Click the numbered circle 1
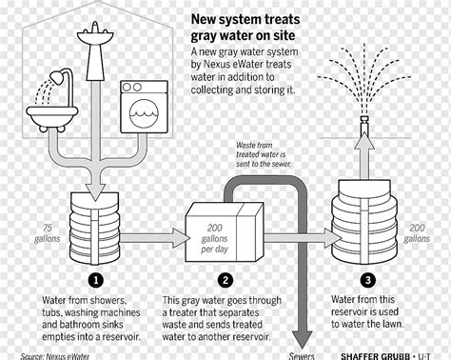96,280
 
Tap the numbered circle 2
225,280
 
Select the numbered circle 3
368,280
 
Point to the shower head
57,78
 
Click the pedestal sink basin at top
95,35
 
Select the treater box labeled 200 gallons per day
225,232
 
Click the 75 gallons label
48,233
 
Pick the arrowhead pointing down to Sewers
302,340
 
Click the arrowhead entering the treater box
181,238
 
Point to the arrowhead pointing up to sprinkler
364,141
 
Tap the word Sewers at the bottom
302,356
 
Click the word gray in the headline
204,36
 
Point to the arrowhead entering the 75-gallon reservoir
95,192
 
